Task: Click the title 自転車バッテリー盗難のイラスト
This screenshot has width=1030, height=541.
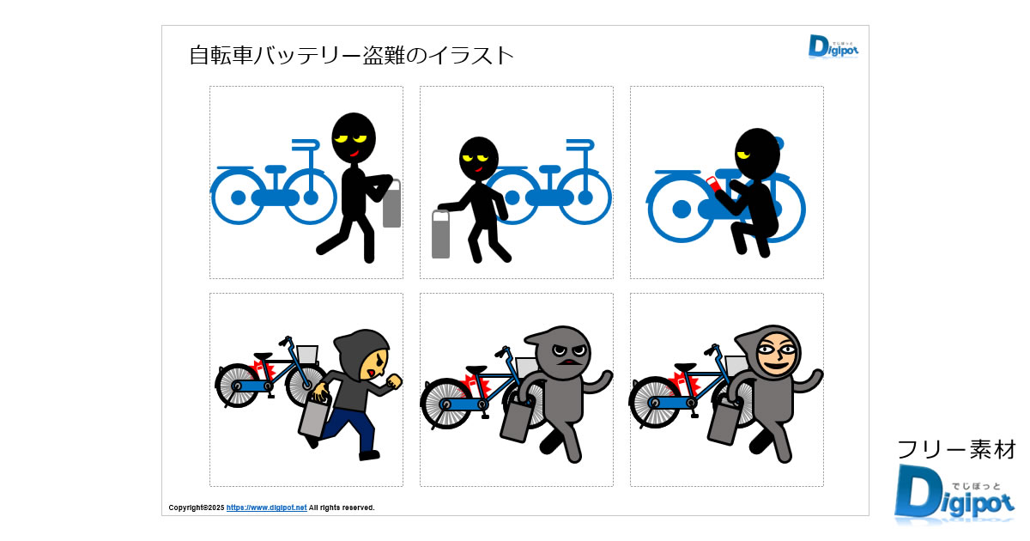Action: coord(351,56)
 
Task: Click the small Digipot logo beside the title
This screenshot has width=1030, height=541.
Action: coord(833,46)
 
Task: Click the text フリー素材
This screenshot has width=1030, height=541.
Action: coord(956,449)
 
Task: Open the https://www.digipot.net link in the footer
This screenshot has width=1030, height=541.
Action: coord(266,508)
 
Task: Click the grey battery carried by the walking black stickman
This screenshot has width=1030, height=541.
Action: coord(391,204)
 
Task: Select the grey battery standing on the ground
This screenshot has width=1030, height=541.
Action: coord(440,234)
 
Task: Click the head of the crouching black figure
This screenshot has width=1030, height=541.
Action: coord(757,154)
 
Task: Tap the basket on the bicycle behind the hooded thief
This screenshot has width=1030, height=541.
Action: coord(306,354)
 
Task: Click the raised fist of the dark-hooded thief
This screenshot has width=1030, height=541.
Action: coord(394,381)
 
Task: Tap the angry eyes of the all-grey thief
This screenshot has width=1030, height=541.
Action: coord(569,350)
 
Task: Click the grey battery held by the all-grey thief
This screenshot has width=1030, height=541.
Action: coord(518,421)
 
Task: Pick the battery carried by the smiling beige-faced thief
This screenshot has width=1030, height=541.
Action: coord(724,421)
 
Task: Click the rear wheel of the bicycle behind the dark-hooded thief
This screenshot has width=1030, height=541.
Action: coord(237,386)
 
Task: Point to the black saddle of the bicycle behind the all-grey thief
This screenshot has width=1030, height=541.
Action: coord(476,369)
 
